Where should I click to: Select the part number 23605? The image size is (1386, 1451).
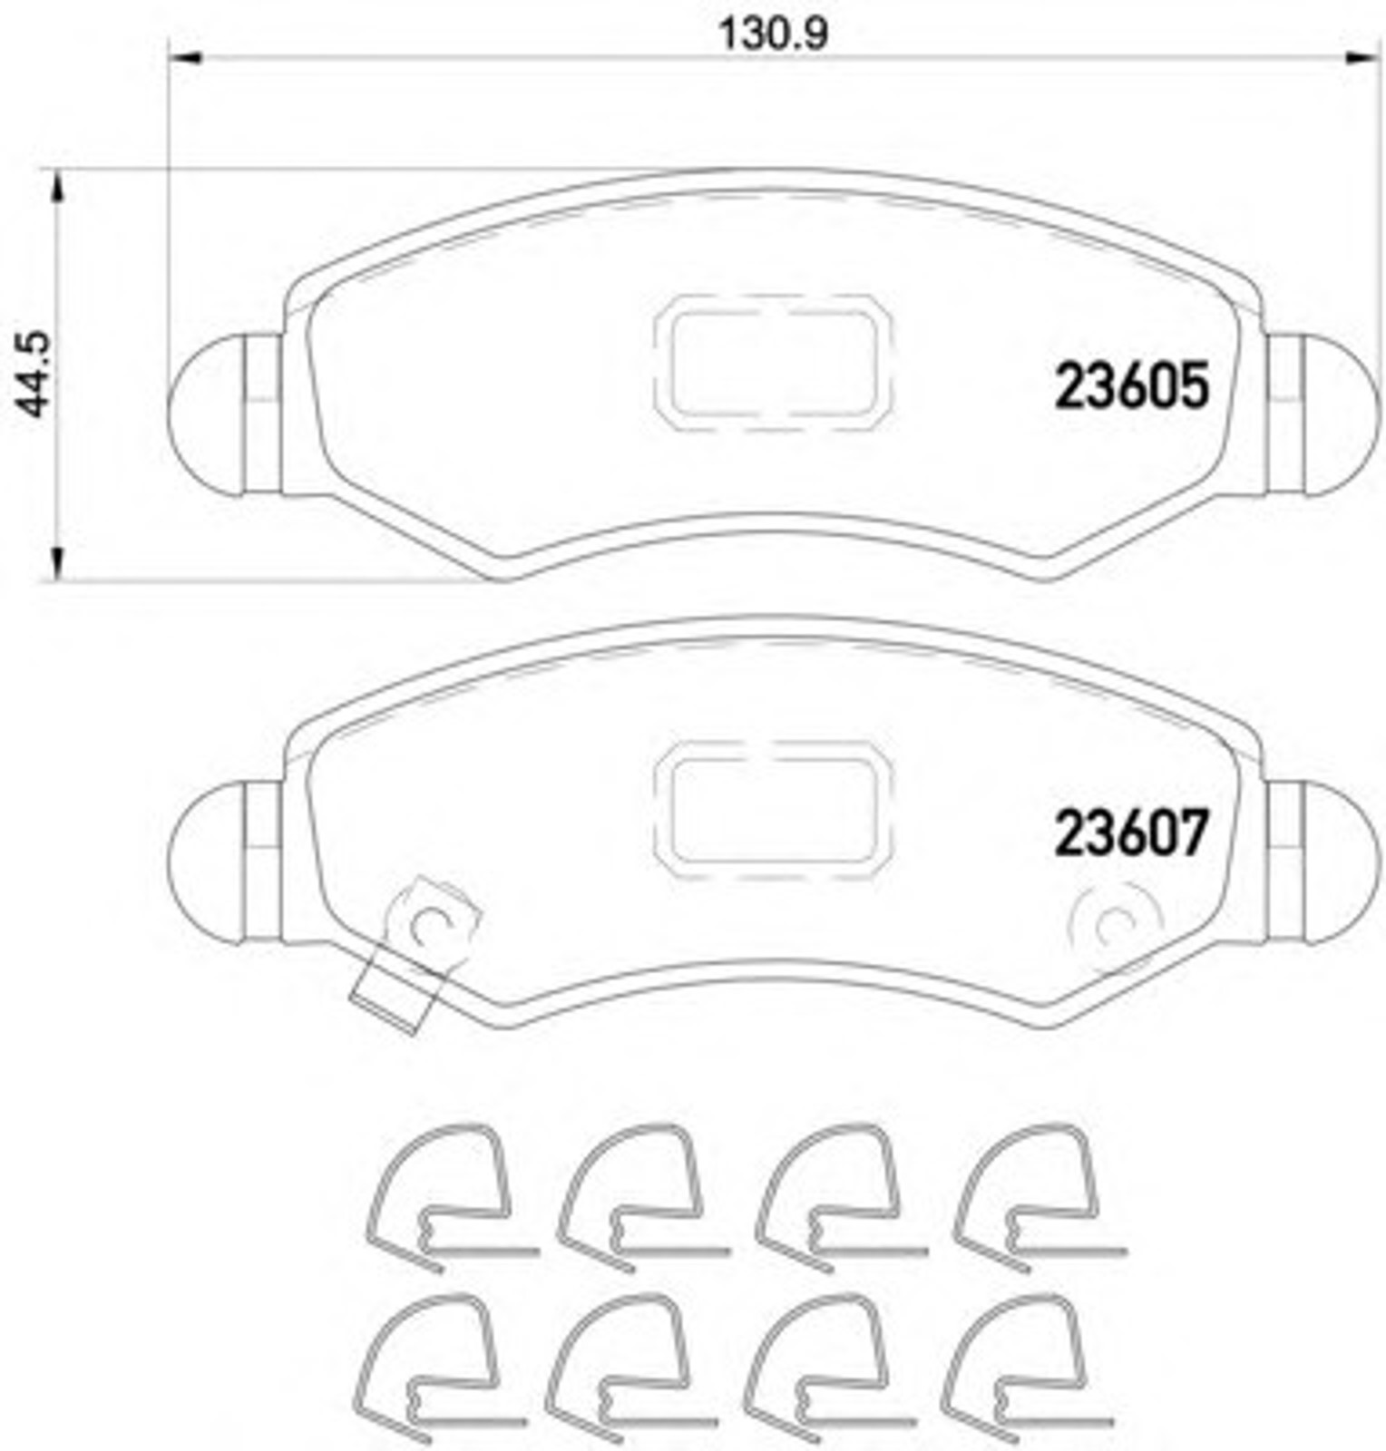tap(1131, 385)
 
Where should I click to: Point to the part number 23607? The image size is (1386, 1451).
tap(1131, 833)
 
